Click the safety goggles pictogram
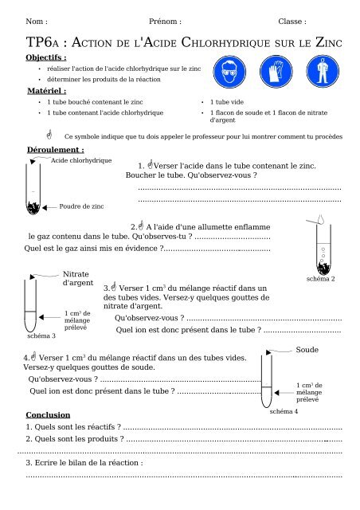coord(237,74)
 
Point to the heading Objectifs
coord(46,57)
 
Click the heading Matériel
coord(45,92)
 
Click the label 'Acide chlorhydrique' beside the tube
coord(81,161)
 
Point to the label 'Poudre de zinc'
coord(82,206)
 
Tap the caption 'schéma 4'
coord(284,412)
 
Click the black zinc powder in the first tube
coord(33,208)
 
